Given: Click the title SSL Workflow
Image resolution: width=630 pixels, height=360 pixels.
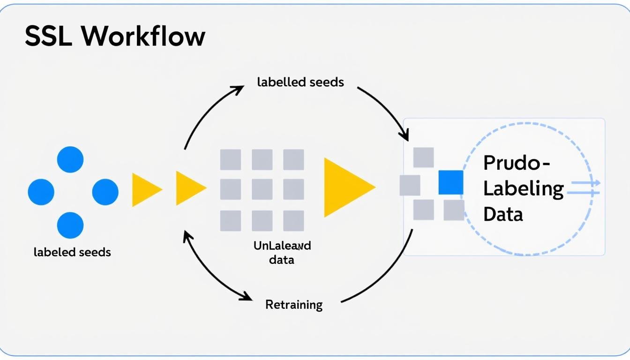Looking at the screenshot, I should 115,36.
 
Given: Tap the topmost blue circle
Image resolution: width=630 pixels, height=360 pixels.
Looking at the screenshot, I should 70,159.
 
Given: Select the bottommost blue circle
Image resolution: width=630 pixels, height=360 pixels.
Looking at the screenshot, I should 70,225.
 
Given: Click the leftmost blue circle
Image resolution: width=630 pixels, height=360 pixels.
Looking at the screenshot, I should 41,192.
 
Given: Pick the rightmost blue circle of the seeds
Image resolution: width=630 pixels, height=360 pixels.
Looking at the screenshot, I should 105,192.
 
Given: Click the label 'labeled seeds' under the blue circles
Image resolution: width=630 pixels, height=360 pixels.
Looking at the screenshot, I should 72,252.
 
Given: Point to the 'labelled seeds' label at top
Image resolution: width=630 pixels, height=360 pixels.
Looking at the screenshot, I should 300,82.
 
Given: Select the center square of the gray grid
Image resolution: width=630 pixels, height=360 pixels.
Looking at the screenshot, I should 262,189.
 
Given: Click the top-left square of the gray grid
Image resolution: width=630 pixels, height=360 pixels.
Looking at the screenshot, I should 231,159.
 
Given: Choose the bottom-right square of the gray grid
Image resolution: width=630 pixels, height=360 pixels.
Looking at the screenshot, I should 293,220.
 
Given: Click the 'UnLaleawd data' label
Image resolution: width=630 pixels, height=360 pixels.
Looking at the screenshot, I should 282,252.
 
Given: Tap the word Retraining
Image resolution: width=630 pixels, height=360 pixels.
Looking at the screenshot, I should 294,305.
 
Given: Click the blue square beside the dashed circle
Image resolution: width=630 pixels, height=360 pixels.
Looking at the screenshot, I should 450,182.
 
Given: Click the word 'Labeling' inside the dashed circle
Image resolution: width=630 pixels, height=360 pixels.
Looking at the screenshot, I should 523,189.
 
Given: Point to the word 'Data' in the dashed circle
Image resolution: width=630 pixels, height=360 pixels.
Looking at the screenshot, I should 503,214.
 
